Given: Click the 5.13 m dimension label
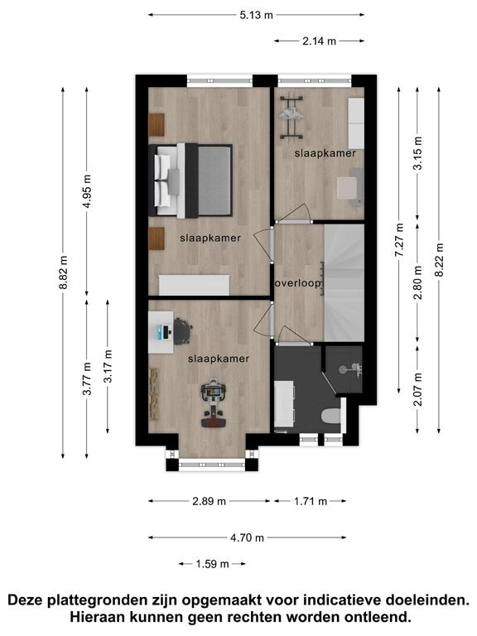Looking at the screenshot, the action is coord(257,16).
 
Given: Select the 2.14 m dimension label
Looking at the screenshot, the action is coord(319,41).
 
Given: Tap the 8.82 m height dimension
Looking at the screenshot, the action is coord(63,272).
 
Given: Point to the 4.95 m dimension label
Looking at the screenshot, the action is coord(87,191).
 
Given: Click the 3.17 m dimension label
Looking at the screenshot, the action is coord(108,366).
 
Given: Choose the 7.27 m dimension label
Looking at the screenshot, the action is coord(399,239).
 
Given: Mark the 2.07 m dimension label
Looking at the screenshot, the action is coord(418,389).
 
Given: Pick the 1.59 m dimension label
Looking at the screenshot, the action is coord(213,564).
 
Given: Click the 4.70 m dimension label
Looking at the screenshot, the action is coord(247,537).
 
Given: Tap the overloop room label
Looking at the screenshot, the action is coord(298,283).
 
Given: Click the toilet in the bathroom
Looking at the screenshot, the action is coord(330,416).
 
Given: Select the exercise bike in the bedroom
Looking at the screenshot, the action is coord(213,402).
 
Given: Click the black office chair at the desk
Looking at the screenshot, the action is coord(182,331).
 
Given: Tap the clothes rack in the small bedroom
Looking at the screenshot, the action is coord(291,117).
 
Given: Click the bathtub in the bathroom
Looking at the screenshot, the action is coord(283,403).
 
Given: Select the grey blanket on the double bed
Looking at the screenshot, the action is coord(214,181).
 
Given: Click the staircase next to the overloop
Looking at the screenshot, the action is coord(344,282).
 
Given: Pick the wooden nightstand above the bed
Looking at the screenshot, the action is coord(157,125).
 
